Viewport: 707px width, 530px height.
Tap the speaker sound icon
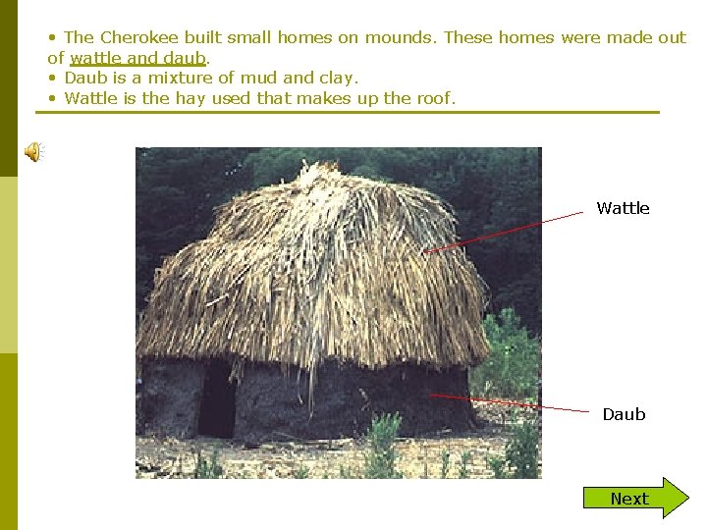click(x=33, y=151)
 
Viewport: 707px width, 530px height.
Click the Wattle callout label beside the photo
click(x=623, y=208)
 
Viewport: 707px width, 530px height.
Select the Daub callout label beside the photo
click(x=624, y=414)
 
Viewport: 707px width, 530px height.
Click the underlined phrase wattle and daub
click(x=137, y=58)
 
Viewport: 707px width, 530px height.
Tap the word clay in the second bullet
click(x=339, y=78)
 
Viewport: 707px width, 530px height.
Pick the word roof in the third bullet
click(x=433, y=98)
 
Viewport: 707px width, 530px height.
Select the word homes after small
click(x=304, y=38)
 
